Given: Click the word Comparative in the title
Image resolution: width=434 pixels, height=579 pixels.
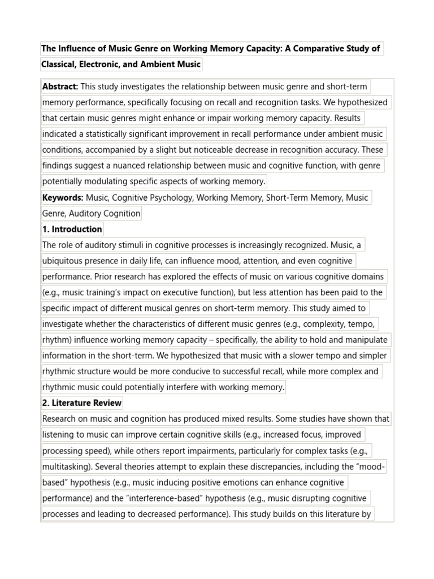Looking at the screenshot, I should pyautogui.click(x=318, y=49).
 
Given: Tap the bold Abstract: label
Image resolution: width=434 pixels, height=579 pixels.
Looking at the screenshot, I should pyautogui.click(x=60, y=87).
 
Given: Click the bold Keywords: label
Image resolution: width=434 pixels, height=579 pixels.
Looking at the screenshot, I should pyautogui.click(x=63, y=197).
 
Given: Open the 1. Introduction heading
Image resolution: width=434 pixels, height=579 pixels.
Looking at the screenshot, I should pyautogui.click(x=72, y=229).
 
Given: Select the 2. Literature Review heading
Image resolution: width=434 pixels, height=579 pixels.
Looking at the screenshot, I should pyautogui.click(x=82, y=403).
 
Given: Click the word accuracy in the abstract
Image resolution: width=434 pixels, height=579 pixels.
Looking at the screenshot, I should pyautogui.click(x=342, y=150).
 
